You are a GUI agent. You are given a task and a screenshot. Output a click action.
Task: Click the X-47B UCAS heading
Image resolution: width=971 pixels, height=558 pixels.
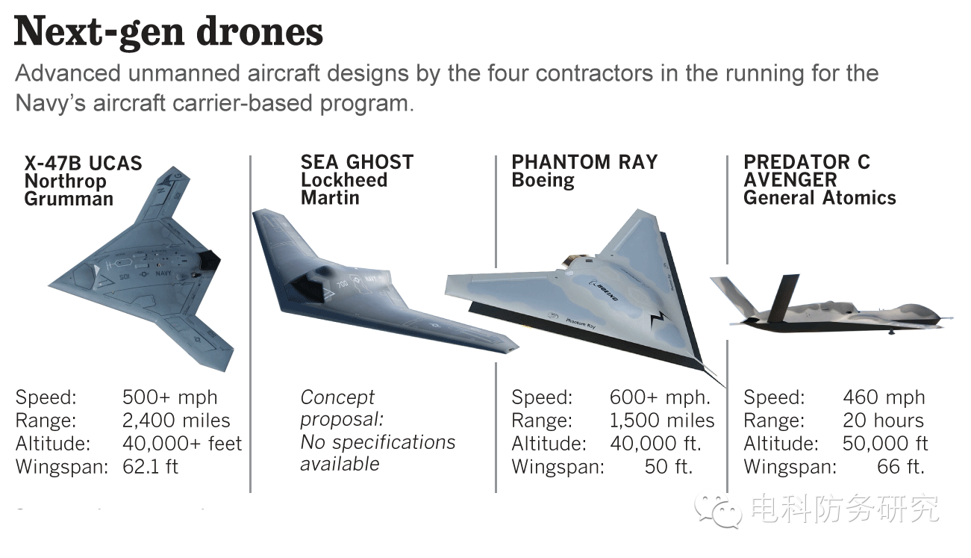83,164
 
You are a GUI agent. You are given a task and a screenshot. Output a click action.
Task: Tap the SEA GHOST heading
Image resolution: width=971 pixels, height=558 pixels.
357,162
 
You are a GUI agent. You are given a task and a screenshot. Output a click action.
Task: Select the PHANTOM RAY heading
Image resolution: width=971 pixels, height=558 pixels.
584,162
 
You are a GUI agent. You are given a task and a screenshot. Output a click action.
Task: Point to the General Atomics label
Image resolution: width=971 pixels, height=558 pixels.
819,198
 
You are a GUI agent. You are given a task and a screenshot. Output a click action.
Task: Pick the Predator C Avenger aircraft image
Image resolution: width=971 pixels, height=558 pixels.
828,310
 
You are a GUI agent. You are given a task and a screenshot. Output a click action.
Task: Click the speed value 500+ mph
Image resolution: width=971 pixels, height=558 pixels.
169,397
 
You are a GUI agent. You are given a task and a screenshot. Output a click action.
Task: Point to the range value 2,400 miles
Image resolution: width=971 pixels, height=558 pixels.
176,421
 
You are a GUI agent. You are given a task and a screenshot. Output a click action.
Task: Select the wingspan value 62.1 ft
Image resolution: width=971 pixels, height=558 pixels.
150,468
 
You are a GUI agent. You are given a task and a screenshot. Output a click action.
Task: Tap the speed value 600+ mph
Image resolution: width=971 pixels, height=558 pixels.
660,397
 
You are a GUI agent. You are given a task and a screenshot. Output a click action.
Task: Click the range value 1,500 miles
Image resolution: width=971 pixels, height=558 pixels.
662,421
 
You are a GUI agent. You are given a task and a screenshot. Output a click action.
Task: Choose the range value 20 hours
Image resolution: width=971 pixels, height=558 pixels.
883,421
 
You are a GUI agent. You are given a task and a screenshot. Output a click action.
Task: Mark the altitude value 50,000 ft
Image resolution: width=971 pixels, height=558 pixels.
885,444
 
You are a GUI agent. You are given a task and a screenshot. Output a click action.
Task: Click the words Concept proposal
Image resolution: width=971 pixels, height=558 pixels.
341,408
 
